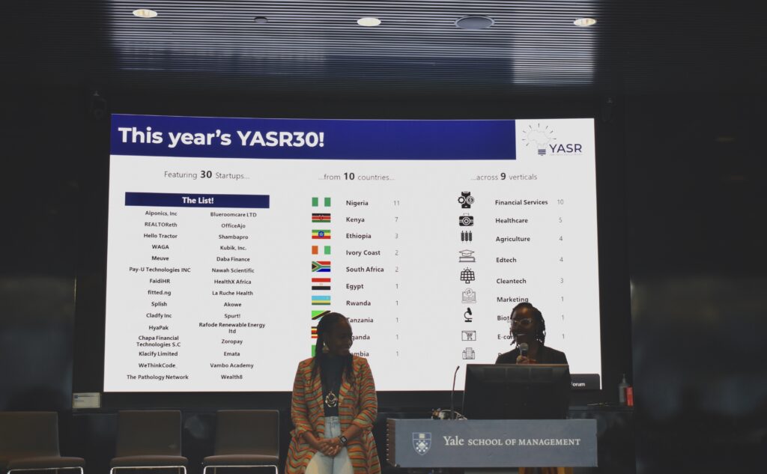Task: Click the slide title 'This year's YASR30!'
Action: [x=221, y=137]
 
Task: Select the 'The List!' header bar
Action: [x=197, y=200]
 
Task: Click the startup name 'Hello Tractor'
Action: [x=160, y=235]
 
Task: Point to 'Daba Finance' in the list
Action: [x=233, y=259]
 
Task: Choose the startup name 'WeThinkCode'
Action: [x=157, y=365]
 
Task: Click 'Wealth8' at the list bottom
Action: [x=231, y=377]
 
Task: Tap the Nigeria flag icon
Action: [x=321, y=202]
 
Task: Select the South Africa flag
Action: [x=321, y=267]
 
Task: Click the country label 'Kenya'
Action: [x=355, y=219]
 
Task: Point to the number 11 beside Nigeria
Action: [x=396, y=203]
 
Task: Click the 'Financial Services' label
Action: [x=521, y=202]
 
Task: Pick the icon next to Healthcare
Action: [x=467, y=220]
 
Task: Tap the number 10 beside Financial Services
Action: [x=560, y=202]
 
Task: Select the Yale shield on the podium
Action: [x=422, y=443]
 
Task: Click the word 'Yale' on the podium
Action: [x=453, y=441]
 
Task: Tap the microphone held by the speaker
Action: [x=523, y=348]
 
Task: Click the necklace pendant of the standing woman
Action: [x=330, y=398]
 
